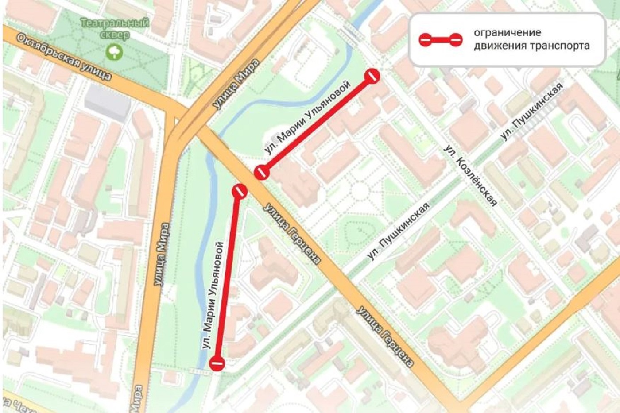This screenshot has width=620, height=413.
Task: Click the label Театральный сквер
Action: coord(115,28)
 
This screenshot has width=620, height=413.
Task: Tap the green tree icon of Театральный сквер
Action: coord(114,52)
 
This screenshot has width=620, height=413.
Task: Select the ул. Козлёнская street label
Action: coord(470,175)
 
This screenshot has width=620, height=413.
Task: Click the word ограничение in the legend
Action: coord(507,33)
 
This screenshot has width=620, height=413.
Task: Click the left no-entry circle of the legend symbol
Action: coord(425,40)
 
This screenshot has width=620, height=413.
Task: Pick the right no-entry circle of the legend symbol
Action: coord(456,40)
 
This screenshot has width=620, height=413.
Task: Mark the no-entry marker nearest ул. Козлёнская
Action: coord(372,76)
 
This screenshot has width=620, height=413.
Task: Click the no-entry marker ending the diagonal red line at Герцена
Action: coord(261,171)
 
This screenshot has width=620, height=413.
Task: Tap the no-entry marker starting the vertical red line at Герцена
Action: coord(240,191)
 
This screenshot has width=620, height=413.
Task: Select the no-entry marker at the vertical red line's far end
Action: coord(217,363)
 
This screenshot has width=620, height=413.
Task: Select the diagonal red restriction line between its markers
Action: coord(317,124)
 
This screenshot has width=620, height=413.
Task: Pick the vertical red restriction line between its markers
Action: coord(228,277)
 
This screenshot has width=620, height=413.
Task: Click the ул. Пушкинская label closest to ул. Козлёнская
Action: coord(531,111)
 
